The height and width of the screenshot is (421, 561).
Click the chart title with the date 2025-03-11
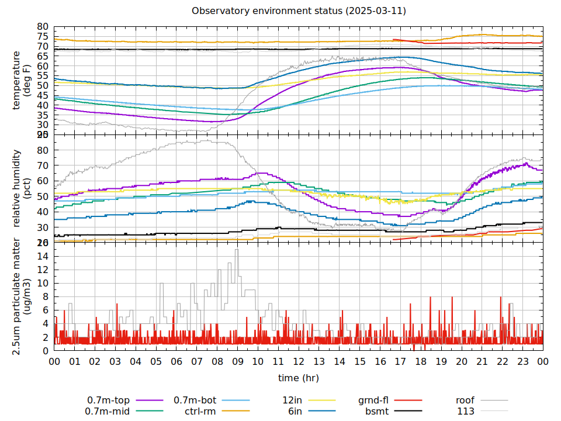coord(299,11)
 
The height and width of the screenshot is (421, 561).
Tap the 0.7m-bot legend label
coord(195,401)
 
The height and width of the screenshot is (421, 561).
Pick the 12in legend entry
coord(292,401)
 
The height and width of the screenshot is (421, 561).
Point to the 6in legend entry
coord(295,411)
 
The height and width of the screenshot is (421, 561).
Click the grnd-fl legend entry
coord(373,401)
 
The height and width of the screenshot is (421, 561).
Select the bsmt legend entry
coord(377,411)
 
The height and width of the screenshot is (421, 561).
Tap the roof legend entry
coord(465,401)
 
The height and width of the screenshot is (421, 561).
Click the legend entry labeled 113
coord(466,411)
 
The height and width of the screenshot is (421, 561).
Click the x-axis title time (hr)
coord(299,378)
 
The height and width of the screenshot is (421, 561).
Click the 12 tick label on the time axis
coord(299,362)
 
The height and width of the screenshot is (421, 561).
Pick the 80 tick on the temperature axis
coord(42,27)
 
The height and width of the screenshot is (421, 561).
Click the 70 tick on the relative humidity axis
coord(42,165)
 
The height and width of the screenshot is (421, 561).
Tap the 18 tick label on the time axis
coord(421,362)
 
